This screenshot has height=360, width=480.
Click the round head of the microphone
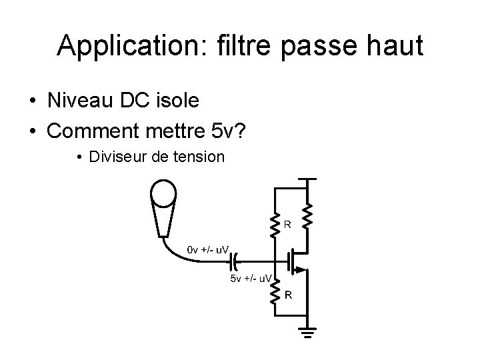click(163, 193)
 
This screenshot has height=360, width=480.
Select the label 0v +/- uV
click(209, 249)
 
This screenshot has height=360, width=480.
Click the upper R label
click(287, 225)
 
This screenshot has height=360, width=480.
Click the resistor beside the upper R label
click(273, 225)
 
